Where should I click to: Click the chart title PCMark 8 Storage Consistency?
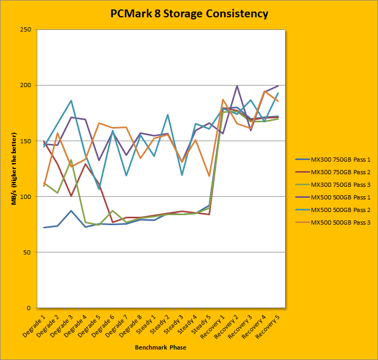click(189, 14)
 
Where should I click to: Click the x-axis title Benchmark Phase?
click(160, 347)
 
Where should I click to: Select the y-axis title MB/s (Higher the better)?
click(15, 168)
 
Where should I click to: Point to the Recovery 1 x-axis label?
click(213, 326)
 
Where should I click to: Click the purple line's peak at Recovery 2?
click(237, 86)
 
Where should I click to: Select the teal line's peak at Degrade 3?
click(71, 100)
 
